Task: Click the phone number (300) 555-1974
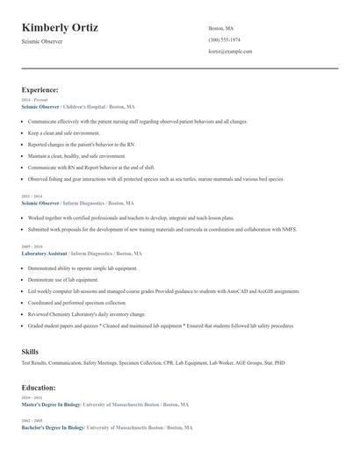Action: [225, 39]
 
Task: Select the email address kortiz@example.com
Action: [230, 52]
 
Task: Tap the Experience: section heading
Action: [40, 89]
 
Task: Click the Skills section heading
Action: [30, 351]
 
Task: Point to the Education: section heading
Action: [40, 387]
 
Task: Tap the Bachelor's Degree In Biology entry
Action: [52, 427]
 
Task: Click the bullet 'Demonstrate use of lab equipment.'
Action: [63, 279]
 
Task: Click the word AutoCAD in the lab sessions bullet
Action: [235, 290]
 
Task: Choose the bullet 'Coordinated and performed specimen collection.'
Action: [77, 302]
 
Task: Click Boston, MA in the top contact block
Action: [220, 28]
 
